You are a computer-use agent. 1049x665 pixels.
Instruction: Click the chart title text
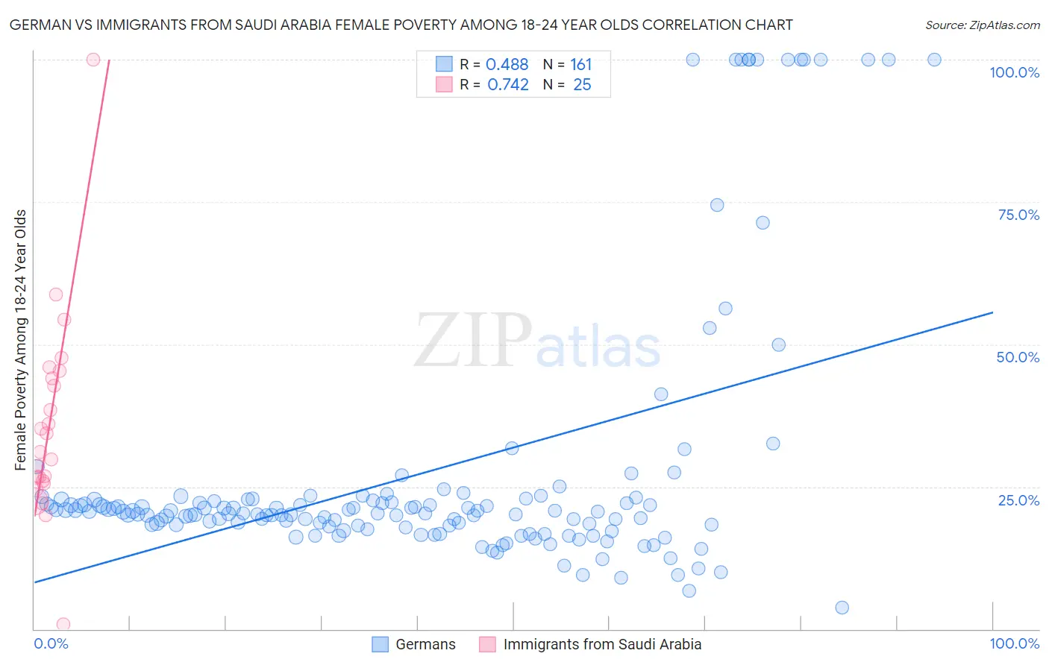[401, 25]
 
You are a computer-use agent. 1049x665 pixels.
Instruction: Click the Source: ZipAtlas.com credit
[982, 25]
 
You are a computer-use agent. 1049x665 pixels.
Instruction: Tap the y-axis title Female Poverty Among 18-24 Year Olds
[21, 340]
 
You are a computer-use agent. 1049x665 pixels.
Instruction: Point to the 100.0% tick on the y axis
[1014, 72]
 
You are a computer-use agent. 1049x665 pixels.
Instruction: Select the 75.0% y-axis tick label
[1018, 215]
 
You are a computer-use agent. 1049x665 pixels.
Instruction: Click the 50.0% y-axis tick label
[1018, 357]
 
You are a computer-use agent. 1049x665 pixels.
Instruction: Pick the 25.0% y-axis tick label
[1018, 500]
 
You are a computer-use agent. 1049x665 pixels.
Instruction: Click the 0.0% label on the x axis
[51, 643]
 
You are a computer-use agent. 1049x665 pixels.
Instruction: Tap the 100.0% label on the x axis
[1014, 643]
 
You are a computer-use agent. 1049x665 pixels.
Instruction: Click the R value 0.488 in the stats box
[507, 65]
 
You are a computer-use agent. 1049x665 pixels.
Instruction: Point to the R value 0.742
[507, 85]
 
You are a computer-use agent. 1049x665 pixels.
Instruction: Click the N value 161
[580, 65]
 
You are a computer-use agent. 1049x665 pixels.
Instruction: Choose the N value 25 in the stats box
[582, 85]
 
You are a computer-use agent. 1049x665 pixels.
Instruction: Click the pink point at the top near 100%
[93, 60]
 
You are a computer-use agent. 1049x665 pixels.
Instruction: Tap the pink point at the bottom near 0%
[63, 624]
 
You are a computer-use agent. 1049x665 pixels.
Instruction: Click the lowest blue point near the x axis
[842, 608]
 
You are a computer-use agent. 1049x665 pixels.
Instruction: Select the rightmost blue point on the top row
[934, 60]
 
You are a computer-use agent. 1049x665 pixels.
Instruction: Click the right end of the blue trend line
[992, 312]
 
